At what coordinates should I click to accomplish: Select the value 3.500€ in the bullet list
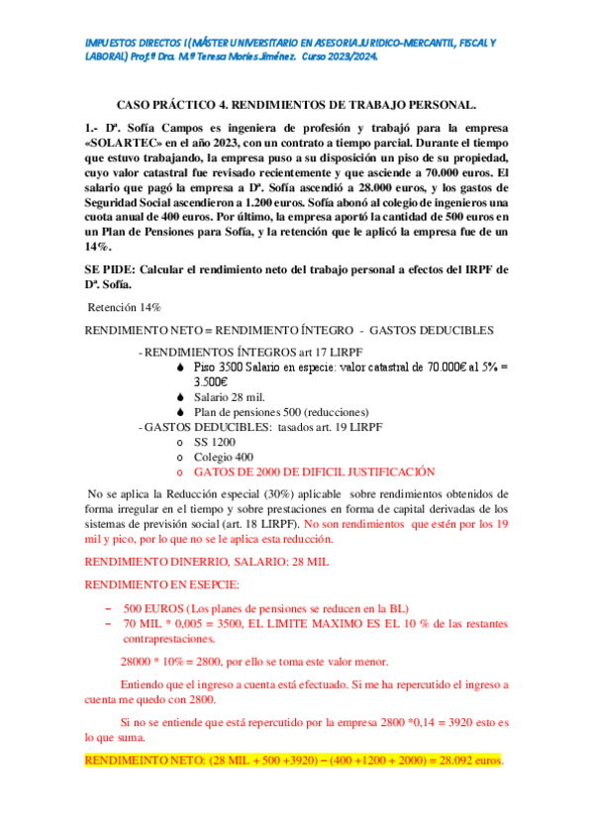(x=210, y=381)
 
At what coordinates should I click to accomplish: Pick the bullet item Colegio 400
(x=223, y=457)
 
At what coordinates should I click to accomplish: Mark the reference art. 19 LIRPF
(x=344, y=427)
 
